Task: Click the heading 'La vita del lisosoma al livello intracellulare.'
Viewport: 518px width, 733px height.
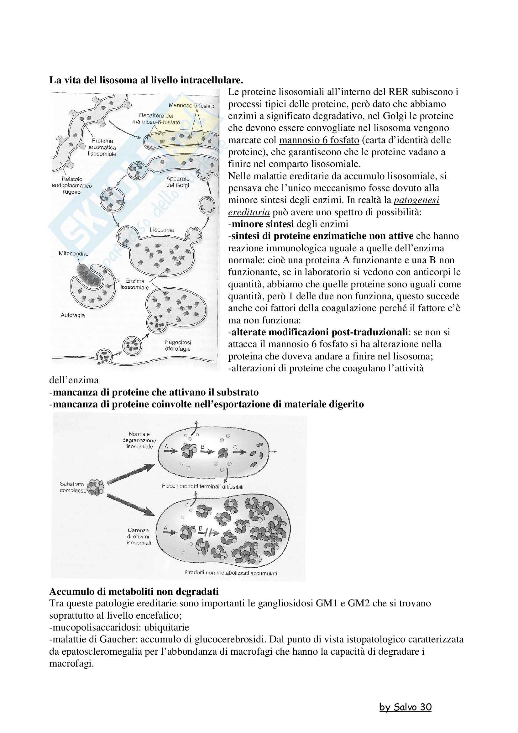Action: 146,80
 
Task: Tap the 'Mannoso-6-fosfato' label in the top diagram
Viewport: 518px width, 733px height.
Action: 191,106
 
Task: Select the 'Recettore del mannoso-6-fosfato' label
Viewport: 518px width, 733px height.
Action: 156,119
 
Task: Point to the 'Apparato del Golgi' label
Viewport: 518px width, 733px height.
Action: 178,182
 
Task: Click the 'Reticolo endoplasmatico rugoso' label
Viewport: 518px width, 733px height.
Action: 71,186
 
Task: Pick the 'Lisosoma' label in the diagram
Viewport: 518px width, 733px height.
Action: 162,229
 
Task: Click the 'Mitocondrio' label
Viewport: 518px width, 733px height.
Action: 73,254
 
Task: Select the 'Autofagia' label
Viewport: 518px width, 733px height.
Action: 73,315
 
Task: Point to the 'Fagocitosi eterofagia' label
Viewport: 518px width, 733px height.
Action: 178,345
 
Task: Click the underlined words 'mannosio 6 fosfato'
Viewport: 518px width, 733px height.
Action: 319,140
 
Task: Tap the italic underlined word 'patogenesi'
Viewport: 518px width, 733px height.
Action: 416,200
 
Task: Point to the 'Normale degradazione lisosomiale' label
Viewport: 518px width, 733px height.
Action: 139,440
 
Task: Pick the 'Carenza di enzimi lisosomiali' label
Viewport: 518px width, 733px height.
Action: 138,536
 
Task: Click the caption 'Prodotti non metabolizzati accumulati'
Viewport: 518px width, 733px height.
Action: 231,573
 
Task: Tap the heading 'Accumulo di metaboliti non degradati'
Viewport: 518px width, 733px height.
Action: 134,592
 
